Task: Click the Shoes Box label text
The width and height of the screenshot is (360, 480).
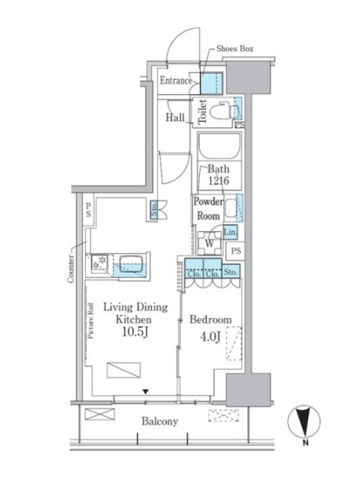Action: pyautogui.click(x=235, y=49)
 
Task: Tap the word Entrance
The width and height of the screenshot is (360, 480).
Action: pyautogui.click(x=176, y=80)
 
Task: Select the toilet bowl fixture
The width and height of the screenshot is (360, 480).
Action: pyautogui.click(x=221, y=110)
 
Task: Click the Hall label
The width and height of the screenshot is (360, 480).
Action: pyautogui.click(x=175, y=117)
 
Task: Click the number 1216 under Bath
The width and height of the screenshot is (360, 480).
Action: pyautogui.click(x=218, y=181)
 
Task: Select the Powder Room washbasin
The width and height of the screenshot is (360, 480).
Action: pyautogui.click(x=231, y=208)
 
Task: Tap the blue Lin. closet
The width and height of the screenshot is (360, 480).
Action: pyautogui.click(x=230, y=232)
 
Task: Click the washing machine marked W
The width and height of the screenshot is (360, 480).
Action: pyautogui.click(x=209, y=243)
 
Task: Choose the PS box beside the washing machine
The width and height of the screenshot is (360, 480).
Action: pyautogui.click(x=235, y=251)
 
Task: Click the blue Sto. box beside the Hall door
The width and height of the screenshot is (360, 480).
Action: pyautogui.click(x=154, y=209)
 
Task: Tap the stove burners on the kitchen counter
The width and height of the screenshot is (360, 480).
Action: pyautogui.click(x=99, y=262)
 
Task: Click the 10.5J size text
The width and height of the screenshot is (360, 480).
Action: pyautogui.click(x=136, y=332)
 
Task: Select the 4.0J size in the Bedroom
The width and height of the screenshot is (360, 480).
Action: pyautogui.click(x=210, y=337)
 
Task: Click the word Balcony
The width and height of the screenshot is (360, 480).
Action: pyautogui.click(x=160, y=421)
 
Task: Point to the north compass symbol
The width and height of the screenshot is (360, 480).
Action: pyautogui.click(x=304, y=422)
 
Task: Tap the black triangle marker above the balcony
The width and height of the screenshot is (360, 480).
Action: pyautogui.click(x=146, y=392)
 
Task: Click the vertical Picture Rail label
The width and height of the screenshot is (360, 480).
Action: pyautogui.click(x=91, y=320)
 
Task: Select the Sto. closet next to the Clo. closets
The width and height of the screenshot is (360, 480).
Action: pyautogui.click(x=231, y=272)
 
